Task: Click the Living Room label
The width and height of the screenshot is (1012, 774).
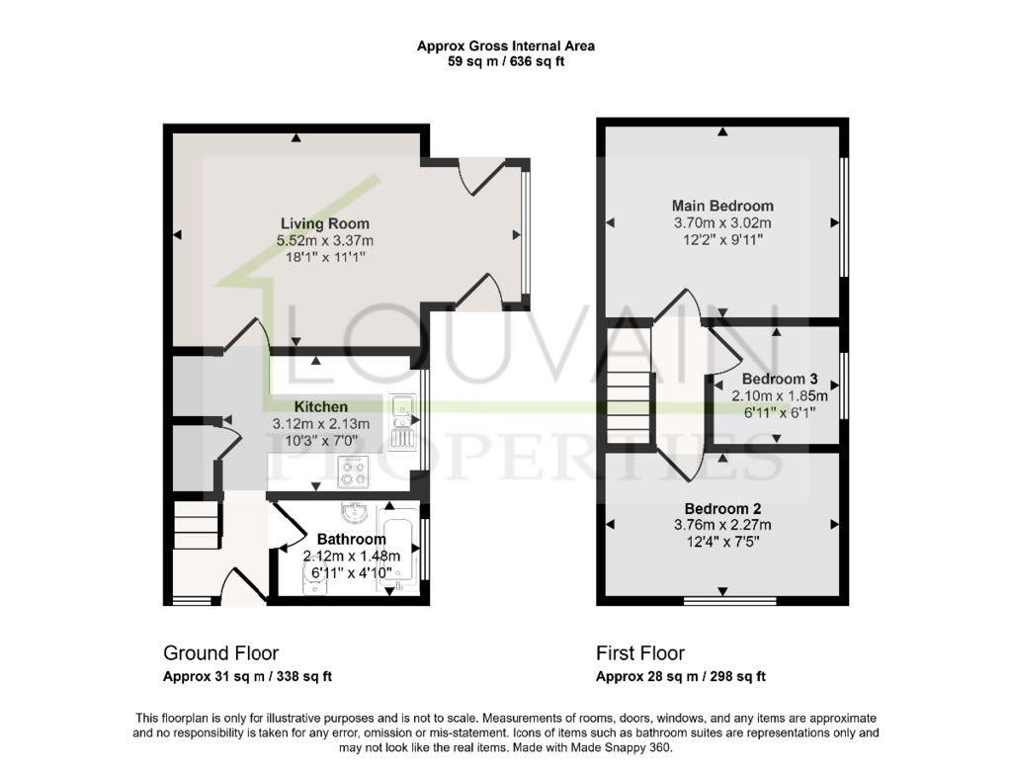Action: pos(324,224)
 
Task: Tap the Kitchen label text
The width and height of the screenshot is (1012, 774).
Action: pos(321,406)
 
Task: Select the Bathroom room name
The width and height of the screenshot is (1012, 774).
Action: pos(352,539)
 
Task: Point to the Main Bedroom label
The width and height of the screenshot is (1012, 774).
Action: pos(722,206)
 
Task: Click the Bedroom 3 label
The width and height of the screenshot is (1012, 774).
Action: pos(780,379)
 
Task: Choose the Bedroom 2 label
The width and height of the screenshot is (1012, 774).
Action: pos(722,509)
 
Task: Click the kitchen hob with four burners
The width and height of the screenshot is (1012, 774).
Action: pos(354,471)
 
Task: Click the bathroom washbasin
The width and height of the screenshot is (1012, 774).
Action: pos(355,513)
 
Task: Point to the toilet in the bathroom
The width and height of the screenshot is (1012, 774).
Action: pos(314,578)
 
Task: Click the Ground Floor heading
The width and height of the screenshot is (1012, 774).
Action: pos(220,653)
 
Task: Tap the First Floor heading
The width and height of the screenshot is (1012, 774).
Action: pos(640,653)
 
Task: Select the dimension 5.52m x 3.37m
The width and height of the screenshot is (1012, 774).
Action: pos(325,241)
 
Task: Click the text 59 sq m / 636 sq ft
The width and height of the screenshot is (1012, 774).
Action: pos(506,62)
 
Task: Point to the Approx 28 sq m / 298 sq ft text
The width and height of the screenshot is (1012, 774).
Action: pos(681,676)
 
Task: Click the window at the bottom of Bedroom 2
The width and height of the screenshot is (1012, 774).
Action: pos(730,600)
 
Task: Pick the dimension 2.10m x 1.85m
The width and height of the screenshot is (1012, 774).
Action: pos(780,395)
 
